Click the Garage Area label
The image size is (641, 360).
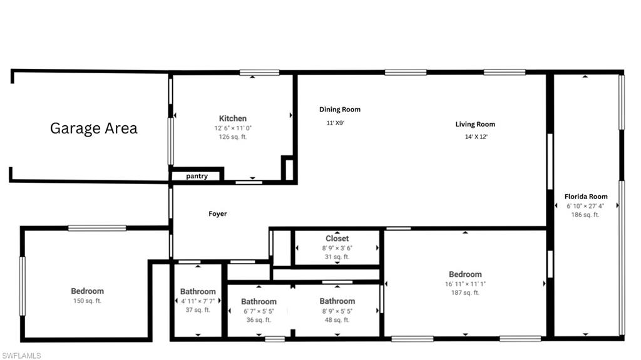pyautogui.click(x=93, y=128)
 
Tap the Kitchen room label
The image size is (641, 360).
pyautogui.click(x=232, y=118)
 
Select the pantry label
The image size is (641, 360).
pyautogui.click(x=197, y=176)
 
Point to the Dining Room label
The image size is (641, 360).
pyautogui.click(x=340, y=110)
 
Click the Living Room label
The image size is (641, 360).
pyautogui.click(x=475, y=124)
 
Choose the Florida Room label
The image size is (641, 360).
pyautogui.click(x=586, y=197)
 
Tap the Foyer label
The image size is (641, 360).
pyautogui.click(x=218, y=214)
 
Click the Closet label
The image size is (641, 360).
pyautogui.click(x=337, y=239)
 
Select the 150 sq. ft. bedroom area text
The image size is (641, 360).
pyautogui.click(x=88, y=301)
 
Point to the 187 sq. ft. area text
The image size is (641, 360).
pyautogui.click(x=465, y=292)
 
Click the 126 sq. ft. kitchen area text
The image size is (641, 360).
pyautogui.click(x=232, y=136)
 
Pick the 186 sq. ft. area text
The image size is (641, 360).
pyautogui.click(x=586, y=215)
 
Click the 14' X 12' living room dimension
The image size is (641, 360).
pyautogui.click(x=475, y=136)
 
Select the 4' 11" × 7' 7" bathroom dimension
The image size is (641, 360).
pyautogui.click(x=198, y=301)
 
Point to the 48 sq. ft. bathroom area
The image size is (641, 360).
pyautogui.click(x=337, y=320)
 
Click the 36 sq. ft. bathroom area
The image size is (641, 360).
pyautogui.click(x=259, y=320)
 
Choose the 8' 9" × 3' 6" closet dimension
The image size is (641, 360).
pyautogui.click(x=337, y=248)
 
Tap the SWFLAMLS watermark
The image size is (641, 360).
pyautogui.click(x=21, y=355)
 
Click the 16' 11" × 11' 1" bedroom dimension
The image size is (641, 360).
pyautogui.click(x=465, y=284)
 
